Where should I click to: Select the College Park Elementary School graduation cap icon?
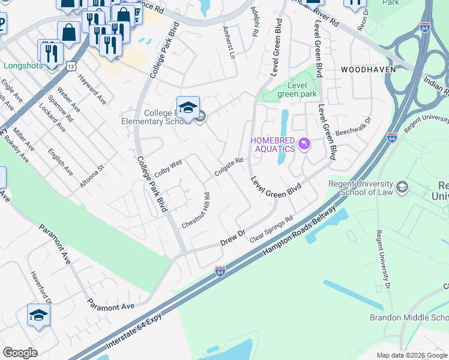tap(188, 107)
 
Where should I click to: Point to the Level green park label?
tap(297, 89)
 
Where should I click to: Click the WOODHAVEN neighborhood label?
tap(368, 70)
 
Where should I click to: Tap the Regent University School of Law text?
tap(360, 188)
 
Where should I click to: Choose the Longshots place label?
tap(23, 65)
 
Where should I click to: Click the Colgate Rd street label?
tap(229, 168)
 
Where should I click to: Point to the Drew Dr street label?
tap(233, 236)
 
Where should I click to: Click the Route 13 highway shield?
tap(55, 65)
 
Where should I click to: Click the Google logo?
tap(20, 353)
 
